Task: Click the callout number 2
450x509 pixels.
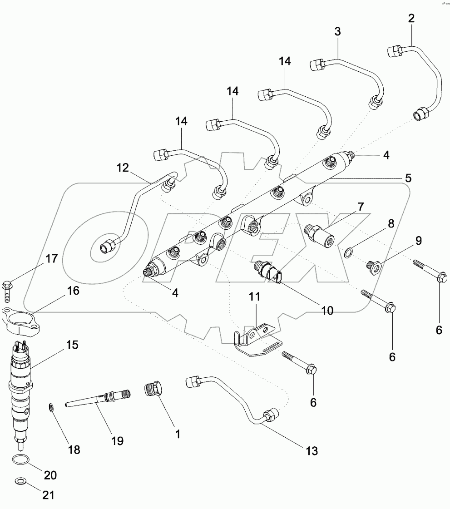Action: point(411,19)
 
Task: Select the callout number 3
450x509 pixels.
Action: point(337,31)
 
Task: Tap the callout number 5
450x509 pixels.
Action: point(408,178)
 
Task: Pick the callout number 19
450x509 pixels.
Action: point(118,440)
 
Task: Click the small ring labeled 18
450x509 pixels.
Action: point(53,408)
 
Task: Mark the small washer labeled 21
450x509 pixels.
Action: point(20,481)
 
